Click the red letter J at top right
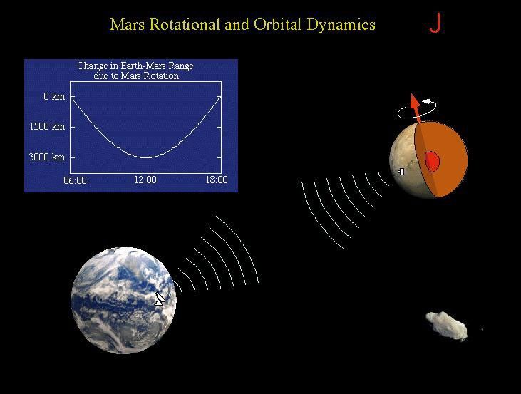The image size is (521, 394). (x=435, y=23)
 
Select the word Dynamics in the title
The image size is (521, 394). (x=341, y=25)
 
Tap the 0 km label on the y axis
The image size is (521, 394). (x=54, y=96)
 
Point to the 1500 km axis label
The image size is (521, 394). (x=47, y=126)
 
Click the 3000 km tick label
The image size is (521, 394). (x=47, y=157)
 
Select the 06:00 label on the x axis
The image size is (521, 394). (x=75, y=180)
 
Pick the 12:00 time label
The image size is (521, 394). (x=145, y=180)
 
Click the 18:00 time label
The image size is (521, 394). (x=217, y=180)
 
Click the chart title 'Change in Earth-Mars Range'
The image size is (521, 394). (x=135, y=66)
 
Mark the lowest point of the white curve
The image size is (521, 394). (x=145, y=157)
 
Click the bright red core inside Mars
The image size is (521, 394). (x=432, y=162)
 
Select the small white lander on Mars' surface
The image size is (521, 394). (x=401, y=171)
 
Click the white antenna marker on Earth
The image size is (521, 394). (x=160, y=299)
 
